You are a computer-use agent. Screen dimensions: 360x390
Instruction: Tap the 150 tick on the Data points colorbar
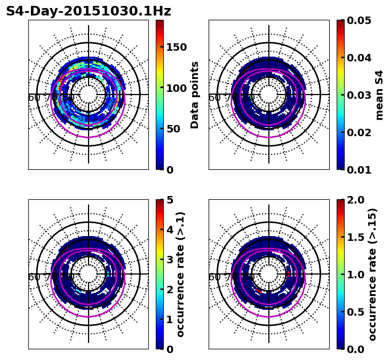[x=176, y=47]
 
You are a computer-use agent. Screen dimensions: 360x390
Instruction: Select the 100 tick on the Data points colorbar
[x=176, y=88]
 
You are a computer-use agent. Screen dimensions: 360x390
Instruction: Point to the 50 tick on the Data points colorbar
[x=173, y=129]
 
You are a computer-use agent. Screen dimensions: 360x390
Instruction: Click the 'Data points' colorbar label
[x=195, y=95]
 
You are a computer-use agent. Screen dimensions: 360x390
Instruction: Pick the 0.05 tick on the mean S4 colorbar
[x=359, y=20]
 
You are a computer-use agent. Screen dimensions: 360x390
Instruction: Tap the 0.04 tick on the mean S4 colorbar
[x=359, y=58]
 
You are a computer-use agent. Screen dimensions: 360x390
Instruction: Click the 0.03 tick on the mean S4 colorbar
[x=359, y=95]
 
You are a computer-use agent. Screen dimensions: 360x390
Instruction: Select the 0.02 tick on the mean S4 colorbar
[x=359, y=132]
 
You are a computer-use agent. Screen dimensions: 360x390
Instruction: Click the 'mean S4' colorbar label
[x=379, y=95]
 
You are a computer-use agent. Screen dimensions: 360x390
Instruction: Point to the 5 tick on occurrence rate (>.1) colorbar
[x=170, y=200]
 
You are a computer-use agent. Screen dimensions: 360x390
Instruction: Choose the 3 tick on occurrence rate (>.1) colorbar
[x=170, y=260]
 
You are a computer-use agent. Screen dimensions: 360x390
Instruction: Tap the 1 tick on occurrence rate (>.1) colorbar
[x=170, y=319]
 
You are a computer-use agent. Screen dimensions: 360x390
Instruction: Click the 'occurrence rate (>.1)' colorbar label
[x=181, y=274]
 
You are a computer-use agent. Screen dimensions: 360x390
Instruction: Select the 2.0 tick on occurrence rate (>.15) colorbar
[x=355, y=200]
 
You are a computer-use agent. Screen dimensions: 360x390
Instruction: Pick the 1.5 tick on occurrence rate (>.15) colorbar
[x=355, y=237]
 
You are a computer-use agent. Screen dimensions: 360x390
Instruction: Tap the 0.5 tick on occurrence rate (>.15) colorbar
[x=355, y=312]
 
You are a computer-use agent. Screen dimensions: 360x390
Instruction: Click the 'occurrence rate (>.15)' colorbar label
[x=372, y=274]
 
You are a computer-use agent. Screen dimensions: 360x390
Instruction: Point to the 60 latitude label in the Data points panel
[x=34, y=98]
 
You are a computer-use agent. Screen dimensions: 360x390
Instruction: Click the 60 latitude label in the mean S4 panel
[x=214, y=98]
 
